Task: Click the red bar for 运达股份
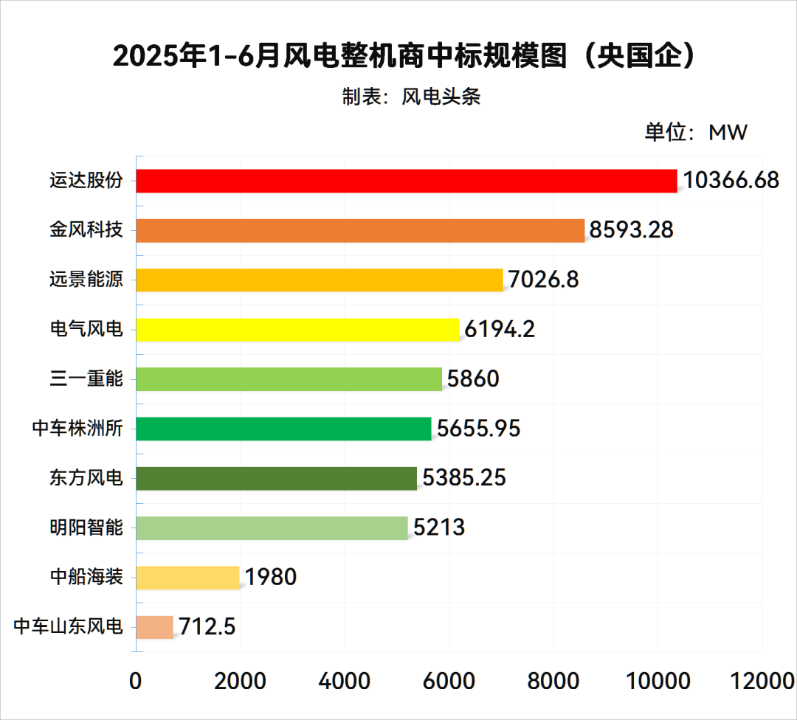tap(407, 181)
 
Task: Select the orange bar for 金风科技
tap(360, 230)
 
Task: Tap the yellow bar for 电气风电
tap(297, 329)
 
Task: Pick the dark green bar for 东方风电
tap(277, 478)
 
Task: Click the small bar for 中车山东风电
tap(155, 627)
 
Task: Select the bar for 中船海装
tap(188, 577)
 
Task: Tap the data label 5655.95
tap(479, 429)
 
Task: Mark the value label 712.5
tap(206, 627)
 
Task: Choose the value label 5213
tap(439, 527)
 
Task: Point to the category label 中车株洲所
tap(77, 429)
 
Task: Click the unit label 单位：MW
tap(696, 132)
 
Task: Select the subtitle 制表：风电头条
tap(411, 97)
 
